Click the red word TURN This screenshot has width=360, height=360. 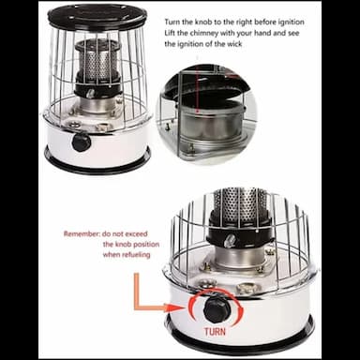(x=215, y=331)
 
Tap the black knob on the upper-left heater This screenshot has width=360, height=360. (x=82, y=142)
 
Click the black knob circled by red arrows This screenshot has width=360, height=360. (x=217, y=309)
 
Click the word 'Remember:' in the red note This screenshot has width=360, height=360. (x=82, y=233)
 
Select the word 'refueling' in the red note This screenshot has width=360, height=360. (x=136, y=255)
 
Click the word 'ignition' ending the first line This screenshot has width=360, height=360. (x=292, y=22)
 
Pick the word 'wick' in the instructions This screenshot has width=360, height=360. (x=234, y=44)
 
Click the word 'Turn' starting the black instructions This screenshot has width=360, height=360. (x=172, y=22)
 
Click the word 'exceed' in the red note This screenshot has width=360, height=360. (x=136, y=233)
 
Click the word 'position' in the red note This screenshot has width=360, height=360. (x=145, y=245)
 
